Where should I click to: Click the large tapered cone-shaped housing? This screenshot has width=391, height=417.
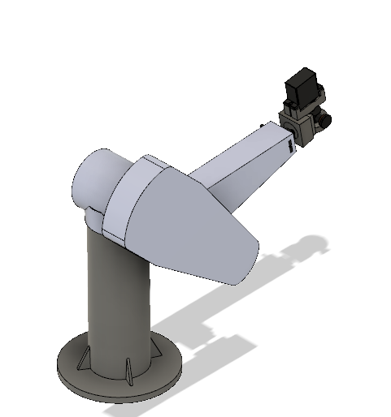(195, 219)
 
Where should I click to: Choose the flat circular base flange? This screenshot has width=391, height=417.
(118, 377)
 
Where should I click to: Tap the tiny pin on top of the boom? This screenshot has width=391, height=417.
(260, 123)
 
